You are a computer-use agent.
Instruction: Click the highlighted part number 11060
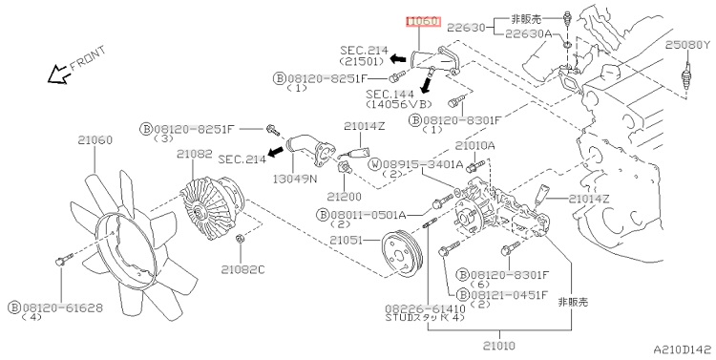coord(423,21)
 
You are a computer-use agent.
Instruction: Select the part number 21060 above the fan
coord(95,139)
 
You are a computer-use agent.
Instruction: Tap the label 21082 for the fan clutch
coord(195,154)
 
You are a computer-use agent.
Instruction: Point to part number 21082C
coord(242,269)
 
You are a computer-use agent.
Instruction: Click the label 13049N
coord(295,179)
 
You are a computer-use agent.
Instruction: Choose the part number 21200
coord(344,197)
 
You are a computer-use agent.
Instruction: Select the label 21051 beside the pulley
coord(346,240)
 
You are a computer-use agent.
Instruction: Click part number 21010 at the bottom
coord(498,346)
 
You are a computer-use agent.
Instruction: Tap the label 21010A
coord(474,146)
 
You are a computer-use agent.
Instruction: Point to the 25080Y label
coord(688,45)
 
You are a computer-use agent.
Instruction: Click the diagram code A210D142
coord(683,349)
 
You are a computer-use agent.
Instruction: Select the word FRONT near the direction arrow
coord(88,58)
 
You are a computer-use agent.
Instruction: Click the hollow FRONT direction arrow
coord(58,74)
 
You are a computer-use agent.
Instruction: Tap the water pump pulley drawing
coord(402,254)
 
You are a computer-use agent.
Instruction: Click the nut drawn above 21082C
coord(240,239)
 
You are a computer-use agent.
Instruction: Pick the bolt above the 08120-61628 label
coord(63,260)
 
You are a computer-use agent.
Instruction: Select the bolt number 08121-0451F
coord(509,295)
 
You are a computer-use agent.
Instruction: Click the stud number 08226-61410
coord(425,309)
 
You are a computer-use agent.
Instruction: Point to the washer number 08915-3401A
coord(423,164)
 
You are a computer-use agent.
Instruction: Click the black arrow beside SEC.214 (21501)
coord(398,58)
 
